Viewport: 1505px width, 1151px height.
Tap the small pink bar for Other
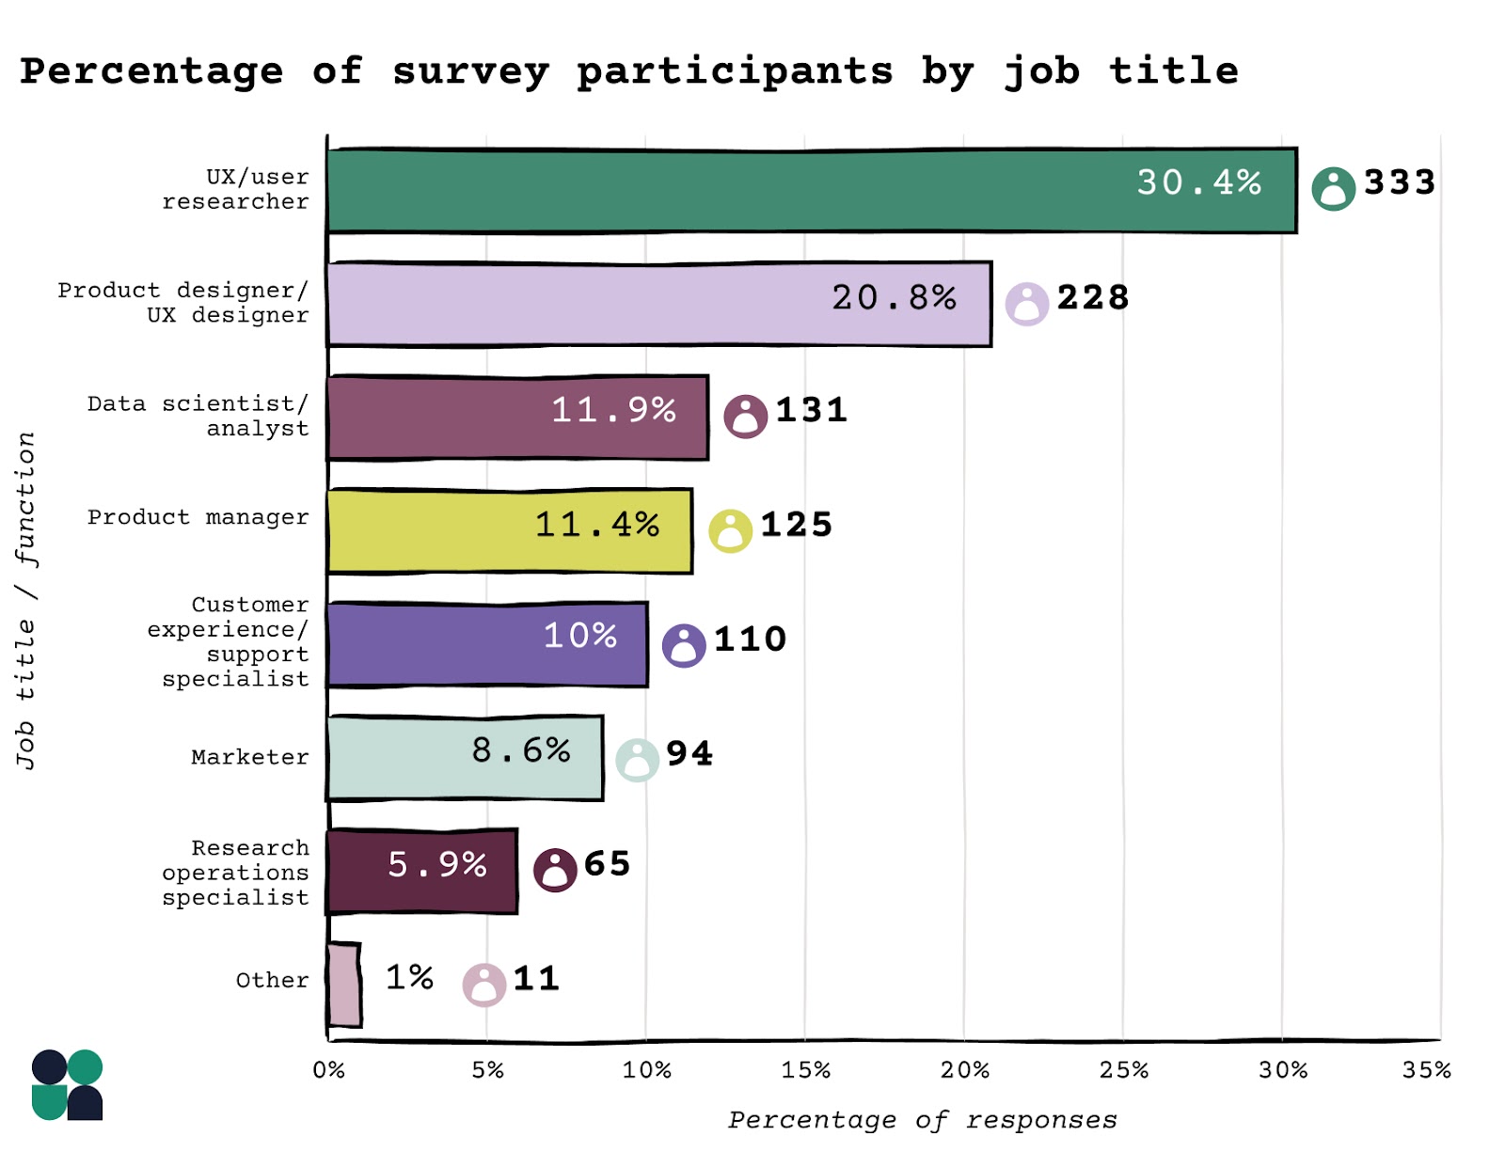click(344, 985)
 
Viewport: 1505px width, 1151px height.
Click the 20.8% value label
click(894, 298)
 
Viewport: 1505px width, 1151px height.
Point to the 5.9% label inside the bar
click(437, 864)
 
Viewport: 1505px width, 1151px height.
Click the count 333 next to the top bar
click(1400, 182)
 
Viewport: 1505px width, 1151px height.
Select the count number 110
click(750, 639)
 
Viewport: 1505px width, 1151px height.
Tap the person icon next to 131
click(745, 417)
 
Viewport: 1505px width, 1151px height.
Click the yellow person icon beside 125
click(730, 531)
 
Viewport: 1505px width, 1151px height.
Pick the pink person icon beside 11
click(484, 985)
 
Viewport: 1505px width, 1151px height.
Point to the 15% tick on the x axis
click(806, 1070)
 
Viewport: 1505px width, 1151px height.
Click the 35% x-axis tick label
click(1426, 1070)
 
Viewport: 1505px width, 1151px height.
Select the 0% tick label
click(329, 1070)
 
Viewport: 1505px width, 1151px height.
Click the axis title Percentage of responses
click(922, 1120)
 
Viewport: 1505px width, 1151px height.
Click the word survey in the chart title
click(470, 71)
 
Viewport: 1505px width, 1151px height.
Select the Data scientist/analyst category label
click(198, 416)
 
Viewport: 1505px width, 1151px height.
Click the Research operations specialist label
click(235, 873)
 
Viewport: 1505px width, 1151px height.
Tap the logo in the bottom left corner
click(67, 1085)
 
